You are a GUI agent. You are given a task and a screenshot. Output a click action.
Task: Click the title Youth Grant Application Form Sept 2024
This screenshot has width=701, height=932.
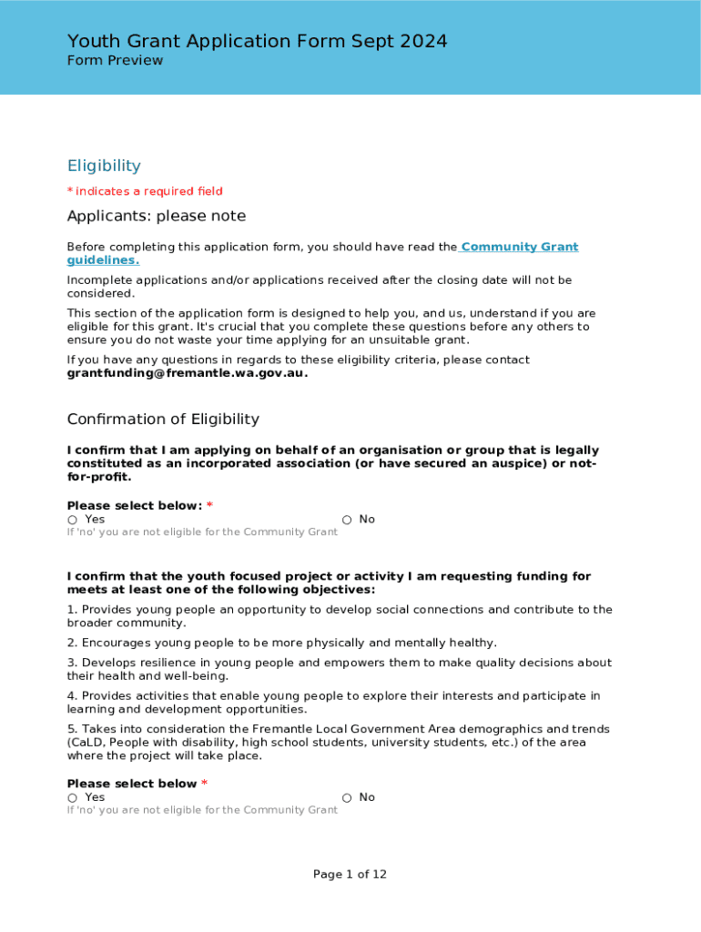[x=257, y=41]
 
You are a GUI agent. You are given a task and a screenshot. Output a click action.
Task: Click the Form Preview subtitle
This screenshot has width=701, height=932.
[x=115, y=61]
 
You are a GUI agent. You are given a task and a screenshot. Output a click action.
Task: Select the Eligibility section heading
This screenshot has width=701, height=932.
[x=104, y=166]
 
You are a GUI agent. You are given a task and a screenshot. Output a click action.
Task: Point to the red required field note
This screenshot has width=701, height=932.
[x=145, y=191]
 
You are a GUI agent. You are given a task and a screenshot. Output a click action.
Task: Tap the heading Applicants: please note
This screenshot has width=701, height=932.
[x=156, y=217]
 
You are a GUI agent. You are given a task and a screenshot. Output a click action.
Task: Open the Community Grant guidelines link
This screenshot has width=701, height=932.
[x=520, y=248]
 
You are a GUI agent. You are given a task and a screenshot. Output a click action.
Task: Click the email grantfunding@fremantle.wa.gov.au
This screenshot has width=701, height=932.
[x=187, y=373]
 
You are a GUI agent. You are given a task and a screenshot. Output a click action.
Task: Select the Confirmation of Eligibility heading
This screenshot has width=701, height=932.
[x=163, y=420]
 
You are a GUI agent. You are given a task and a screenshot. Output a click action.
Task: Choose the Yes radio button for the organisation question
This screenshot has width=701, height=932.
[x=72, y=520]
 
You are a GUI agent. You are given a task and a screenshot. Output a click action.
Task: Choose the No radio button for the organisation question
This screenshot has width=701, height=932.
[x=347, y=520]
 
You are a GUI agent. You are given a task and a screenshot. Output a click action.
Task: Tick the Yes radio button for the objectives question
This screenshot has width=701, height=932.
[x=72, y=798]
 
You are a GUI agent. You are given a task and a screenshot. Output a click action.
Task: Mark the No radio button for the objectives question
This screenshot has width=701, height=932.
[x=347, y=798]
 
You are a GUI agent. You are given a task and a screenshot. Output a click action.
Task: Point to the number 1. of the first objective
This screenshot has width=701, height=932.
[x=72, y=610]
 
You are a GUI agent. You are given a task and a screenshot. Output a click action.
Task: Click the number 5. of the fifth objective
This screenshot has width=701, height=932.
[x=72, y=730]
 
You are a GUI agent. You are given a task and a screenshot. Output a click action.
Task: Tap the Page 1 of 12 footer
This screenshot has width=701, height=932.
[x=350, y=875]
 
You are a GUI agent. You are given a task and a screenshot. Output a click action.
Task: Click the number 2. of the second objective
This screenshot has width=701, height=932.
[x=72, y=643]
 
